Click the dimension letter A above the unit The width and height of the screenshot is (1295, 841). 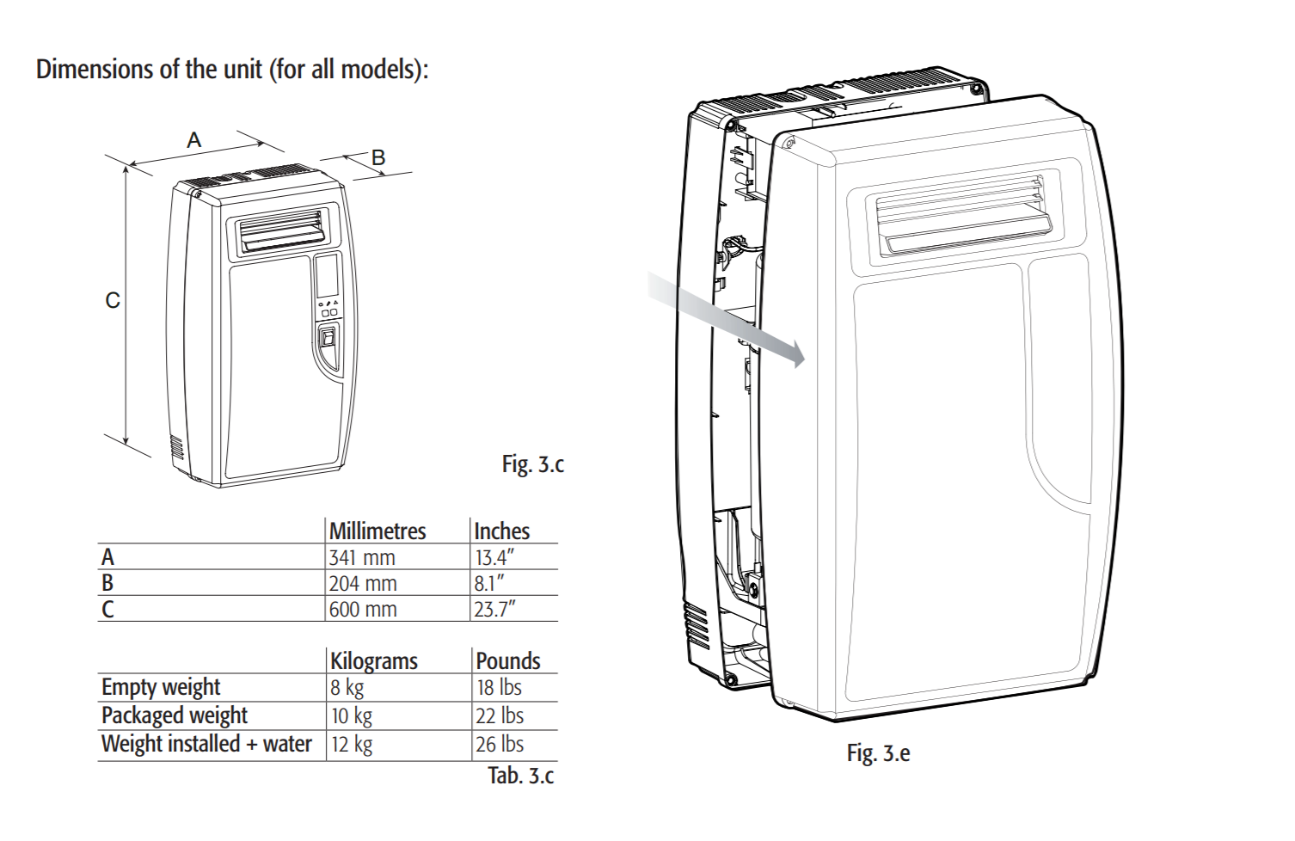click(194, 140)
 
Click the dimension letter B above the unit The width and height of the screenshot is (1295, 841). click(378, 158)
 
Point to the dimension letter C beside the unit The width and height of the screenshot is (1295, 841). click(113, 300)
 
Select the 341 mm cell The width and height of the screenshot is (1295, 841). click(362, 557)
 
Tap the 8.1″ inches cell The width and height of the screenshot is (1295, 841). click(489, 583)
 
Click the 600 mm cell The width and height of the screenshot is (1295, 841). click(363, 610)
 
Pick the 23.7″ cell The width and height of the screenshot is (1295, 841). click(495, 610)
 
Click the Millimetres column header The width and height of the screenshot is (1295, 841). click(377, 531)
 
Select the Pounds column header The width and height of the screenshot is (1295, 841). click(508, 660)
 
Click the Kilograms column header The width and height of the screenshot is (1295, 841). click(374, 660)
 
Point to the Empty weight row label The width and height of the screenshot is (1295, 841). click(161, 687)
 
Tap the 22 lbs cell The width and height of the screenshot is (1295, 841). click(500, 715)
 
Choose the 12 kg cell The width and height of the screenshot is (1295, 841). click(352, 745)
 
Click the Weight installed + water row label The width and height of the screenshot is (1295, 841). click(206, 744)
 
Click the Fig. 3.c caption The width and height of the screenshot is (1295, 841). click(533, 464)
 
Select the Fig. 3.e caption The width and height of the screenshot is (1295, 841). click(878, 753)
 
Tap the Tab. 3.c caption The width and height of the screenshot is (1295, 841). click(521, 776)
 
